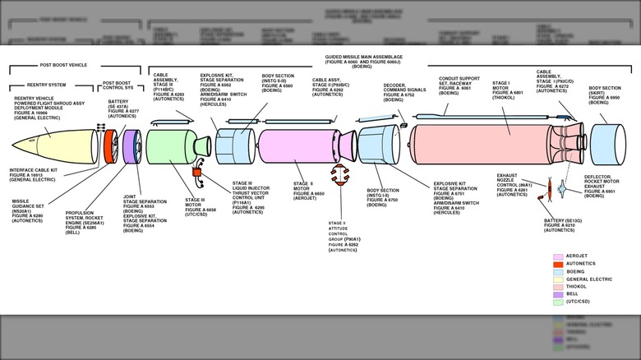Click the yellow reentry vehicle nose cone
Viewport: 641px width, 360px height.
[x=62, y=145]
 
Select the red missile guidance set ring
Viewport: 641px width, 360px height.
[x=108, y=145]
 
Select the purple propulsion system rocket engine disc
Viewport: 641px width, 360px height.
[x=129, y=146]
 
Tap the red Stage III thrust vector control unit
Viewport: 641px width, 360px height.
[x=197, y=174]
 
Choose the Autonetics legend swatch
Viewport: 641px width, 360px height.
[x=559, y=265]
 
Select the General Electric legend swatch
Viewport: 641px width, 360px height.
[x=559, y=279]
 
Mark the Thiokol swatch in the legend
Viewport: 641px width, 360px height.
[x=559, y=287]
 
